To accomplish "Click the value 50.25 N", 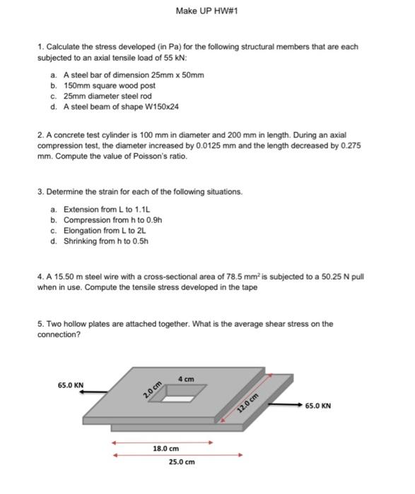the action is pos(337,277).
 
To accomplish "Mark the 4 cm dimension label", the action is pos(186,379).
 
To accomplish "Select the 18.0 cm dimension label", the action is pos(166,449).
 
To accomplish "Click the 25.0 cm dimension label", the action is pos(181,462).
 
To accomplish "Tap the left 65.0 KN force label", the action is pos(71,385).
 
